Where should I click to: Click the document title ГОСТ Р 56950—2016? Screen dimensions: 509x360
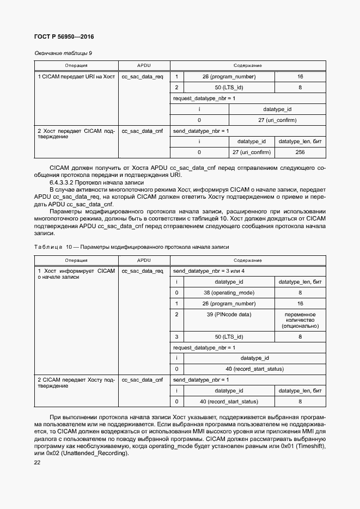click(60, 37)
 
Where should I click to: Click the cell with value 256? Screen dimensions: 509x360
click(300, 152)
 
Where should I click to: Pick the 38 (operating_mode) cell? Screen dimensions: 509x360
click(229, 292)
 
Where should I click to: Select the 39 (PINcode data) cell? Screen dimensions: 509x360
click(229, 315)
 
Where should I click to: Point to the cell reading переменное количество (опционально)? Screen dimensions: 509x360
click(300, 320)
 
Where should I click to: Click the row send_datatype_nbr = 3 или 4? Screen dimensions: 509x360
click(209, 271)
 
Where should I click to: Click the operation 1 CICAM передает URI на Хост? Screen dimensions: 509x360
click(76, 77)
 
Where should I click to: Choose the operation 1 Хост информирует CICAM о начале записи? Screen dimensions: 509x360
click(76, 273)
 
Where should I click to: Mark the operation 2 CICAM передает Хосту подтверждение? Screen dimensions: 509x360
click(76, 382)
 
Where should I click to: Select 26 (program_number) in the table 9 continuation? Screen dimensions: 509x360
click(229, 77)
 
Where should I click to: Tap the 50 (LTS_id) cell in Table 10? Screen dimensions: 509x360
click(229, 337)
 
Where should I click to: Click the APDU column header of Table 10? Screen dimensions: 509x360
click(143, 260)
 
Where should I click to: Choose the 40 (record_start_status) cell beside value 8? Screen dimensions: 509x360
click(229, 402)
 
